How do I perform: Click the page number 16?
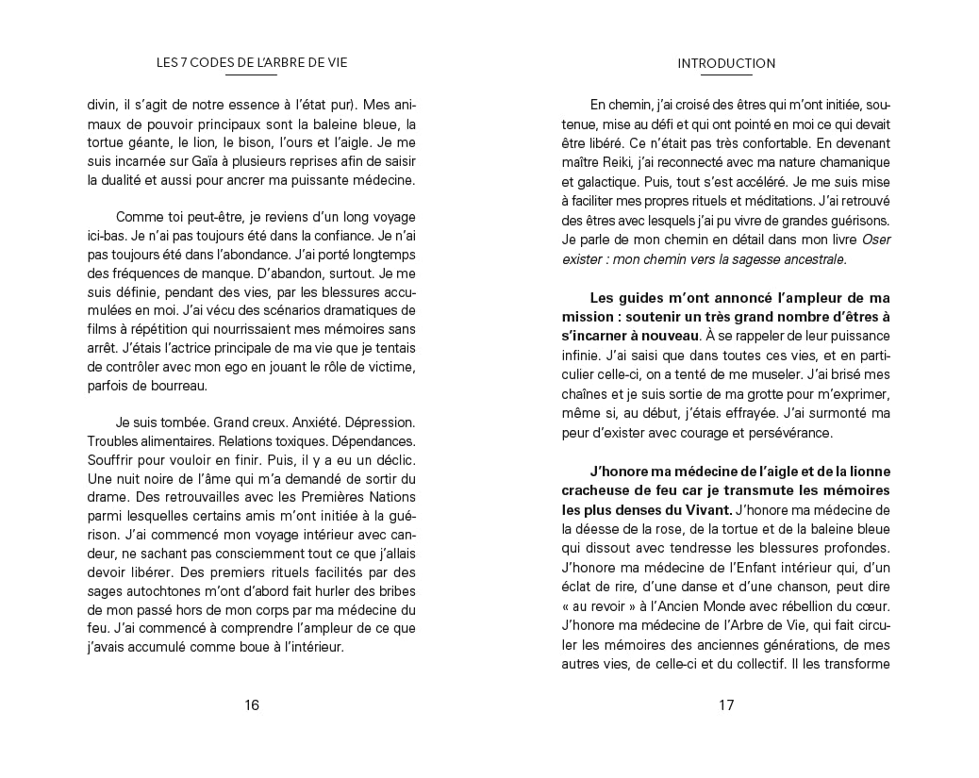tap(252, 704)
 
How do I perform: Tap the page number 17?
tap(726, 704)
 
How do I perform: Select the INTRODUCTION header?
tap(726, 64)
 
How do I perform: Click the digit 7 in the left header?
tap(184, 63)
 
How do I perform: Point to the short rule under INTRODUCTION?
tap(726, 74)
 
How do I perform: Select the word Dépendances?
tap(374, 441)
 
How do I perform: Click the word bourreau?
tap(168, 385)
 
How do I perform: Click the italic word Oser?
tap(874, 239)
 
